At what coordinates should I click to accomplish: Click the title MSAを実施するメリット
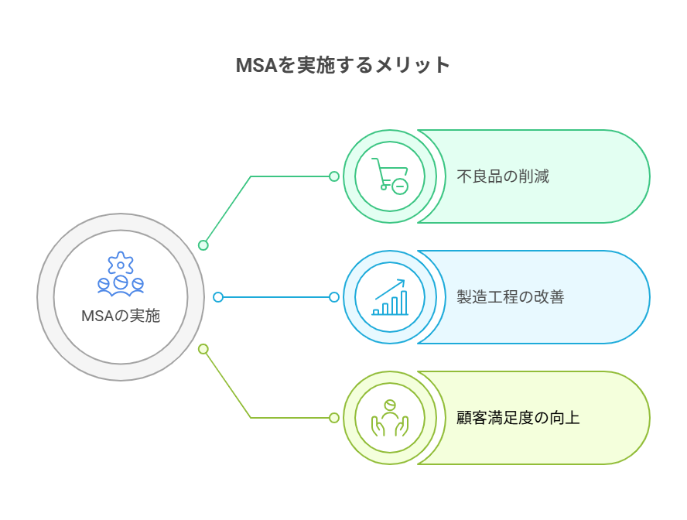(343, 65)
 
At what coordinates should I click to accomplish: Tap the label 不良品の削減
(503, 176)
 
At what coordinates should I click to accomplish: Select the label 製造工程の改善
(511, 297)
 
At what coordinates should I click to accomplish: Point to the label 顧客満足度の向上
(518, 418)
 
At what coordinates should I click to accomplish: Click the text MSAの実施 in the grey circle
(121, 316)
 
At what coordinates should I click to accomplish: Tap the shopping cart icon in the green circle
(389, 176)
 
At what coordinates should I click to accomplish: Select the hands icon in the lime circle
(390, 418)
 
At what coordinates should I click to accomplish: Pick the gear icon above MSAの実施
(121, 264)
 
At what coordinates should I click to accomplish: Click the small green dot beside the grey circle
(203, 245)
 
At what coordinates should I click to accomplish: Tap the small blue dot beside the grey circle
(218, 297)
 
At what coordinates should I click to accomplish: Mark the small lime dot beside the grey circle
(203, 349)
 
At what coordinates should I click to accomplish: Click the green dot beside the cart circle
(334, 176)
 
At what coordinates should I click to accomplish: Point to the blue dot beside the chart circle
(334, 297)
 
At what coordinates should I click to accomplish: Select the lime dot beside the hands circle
(334, 418)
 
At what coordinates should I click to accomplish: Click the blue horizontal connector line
(276, 297)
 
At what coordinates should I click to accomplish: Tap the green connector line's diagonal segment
(227, 210)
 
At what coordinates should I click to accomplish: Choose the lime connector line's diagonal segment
(227, 384)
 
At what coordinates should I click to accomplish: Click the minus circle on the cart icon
(399, 186)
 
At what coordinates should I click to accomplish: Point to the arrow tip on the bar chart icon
(404, 282)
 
